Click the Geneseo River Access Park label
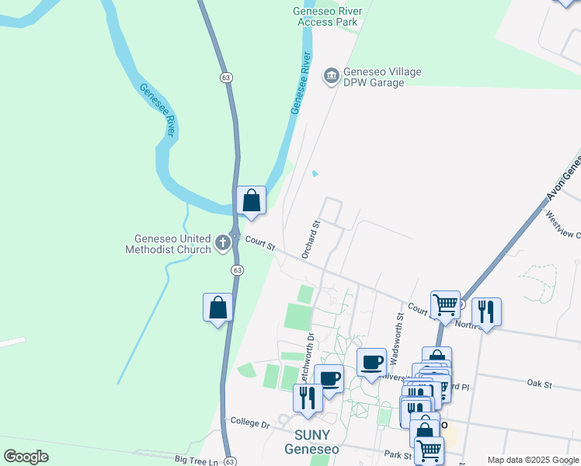click(x=325, y=16)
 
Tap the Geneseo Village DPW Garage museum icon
click(x=332, y=75)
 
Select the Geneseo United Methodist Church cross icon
click(x=224, y=243)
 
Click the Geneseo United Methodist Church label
click(x=172, y=244)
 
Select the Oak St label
click(x=538, y=384)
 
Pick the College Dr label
click(x=249, y=424)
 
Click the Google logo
click(x=26, y=457)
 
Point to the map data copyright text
click(x=532, y=460)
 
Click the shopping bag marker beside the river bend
click(x=252, y=200)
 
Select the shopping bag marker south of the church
click(x=218, y=307)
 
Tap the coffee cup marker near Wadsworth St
click(x=373, y=361)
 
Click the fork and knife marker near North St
click(x=486, y=311)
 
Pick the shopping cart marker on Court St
click(x=446, y=304)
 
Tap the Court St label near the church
click(x=260, y=244)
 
